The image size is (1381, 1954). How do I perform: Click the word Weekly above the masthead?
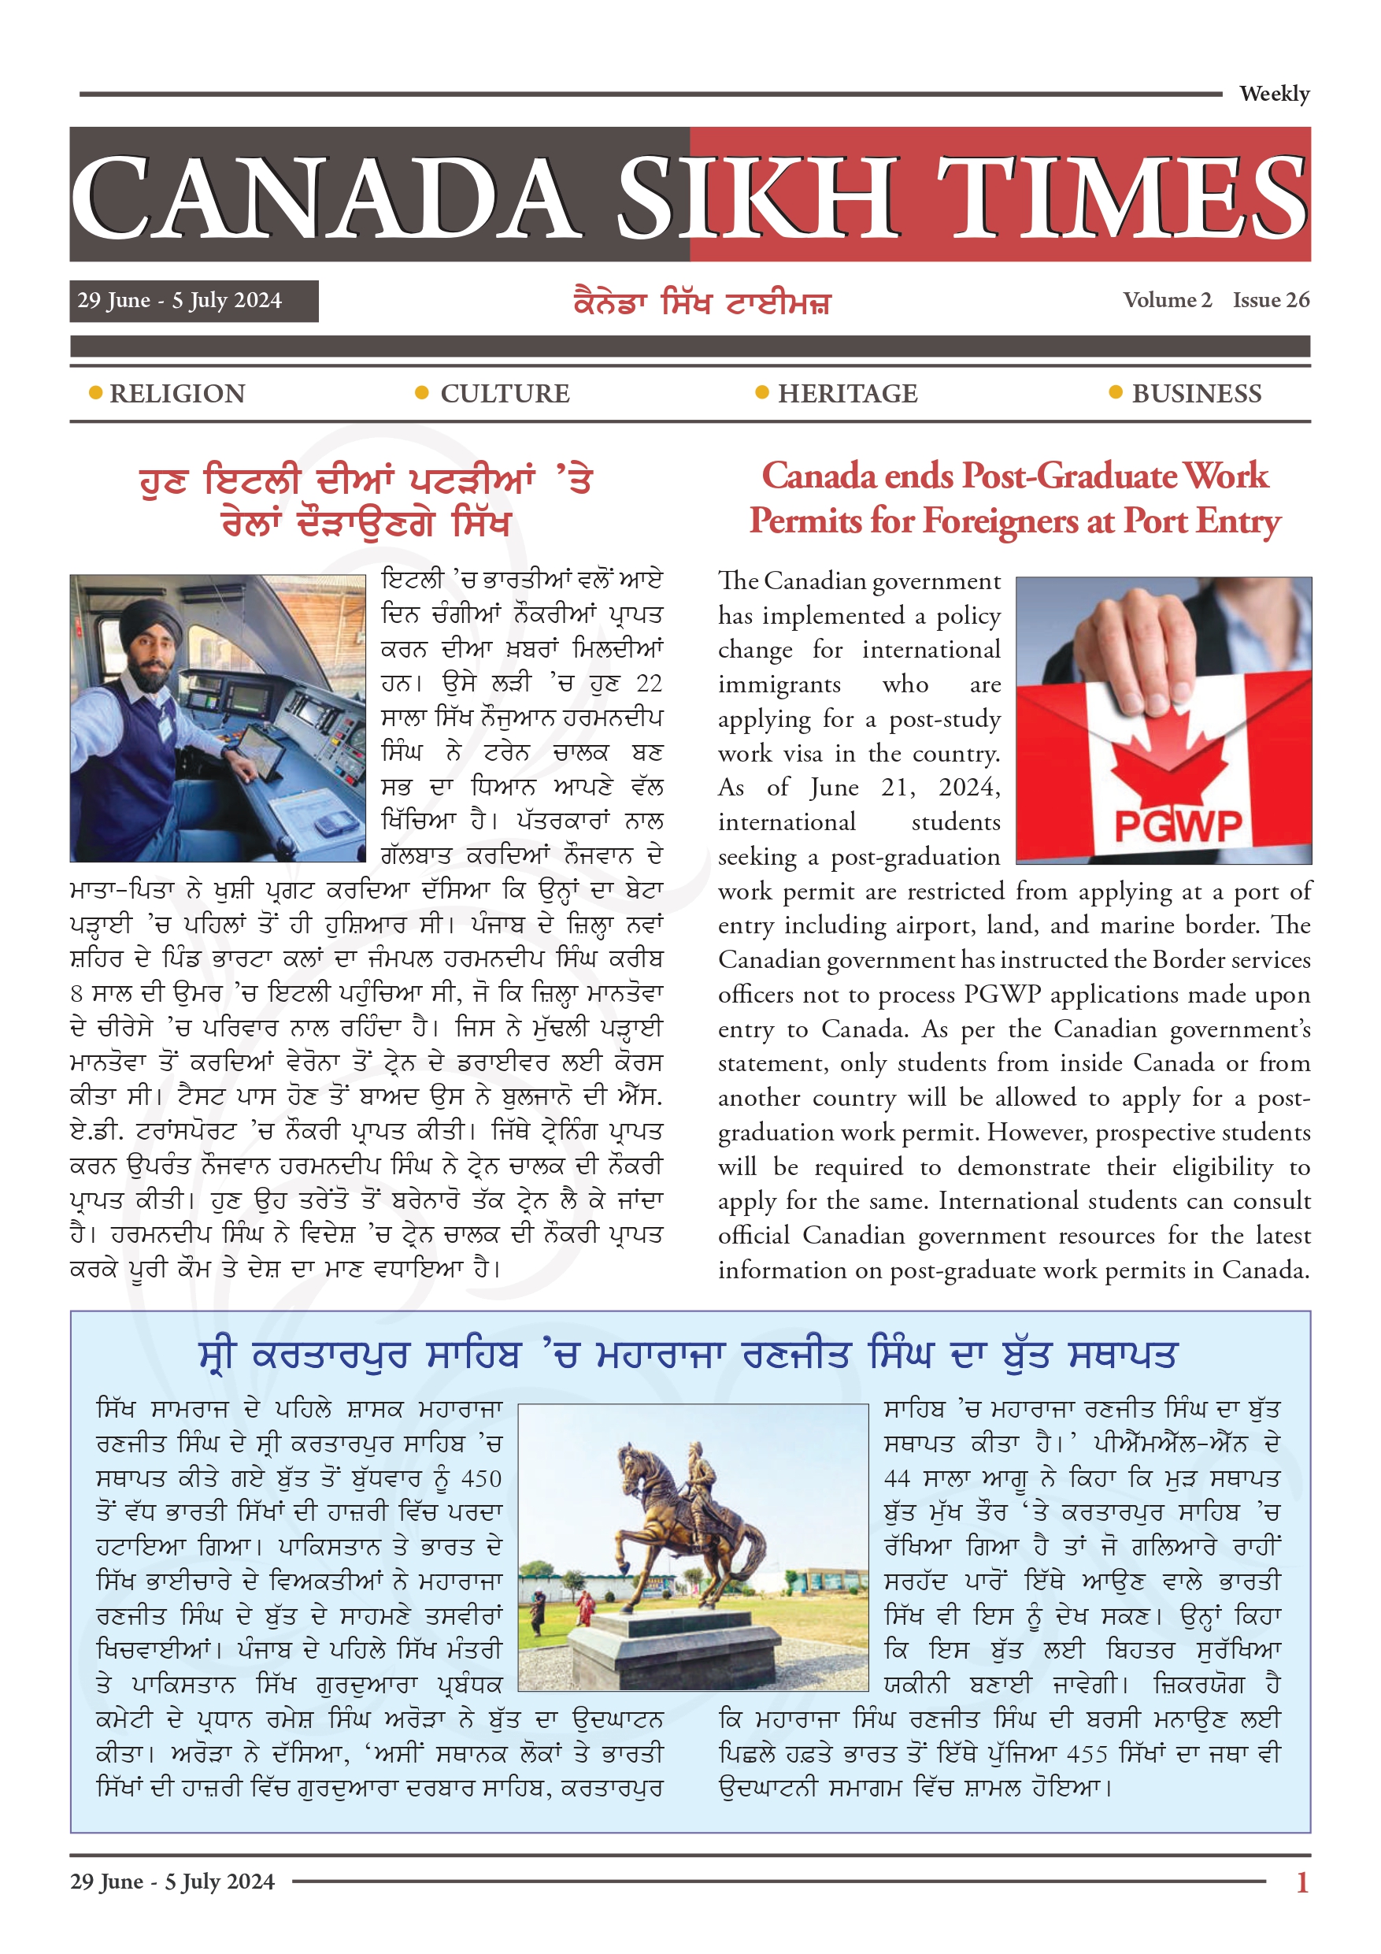click(1273, 94)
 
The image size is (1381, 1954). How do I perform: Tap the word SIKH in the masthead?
click(757, 198)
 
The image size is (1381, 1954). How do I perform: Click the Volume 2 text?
click(1167, 300)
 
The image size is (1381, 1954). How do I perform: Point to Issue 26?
click(1271, 300)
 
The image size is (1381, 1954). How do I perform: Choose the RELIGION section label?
click(177, 393)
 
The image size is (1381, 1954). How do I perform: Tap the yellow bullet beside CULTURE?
click(421, 392)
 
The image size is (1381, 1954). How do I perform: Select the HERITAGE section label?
click(846, 393)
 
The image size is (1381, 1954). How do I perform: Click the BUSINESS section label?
click(1195, 393)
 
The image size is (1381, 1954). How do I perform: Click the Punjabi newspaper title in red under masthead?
click(702, 303)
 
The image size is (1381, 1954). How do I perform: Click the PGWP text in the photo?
click(1178, 825)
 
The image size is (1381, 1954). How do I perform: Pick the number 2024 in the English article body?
click(968, 788)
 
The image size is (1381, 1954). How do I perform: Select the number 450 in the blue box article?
click(481, 1478)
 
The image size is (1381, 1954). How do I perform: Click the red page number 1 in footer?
click(1301, 1882)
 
